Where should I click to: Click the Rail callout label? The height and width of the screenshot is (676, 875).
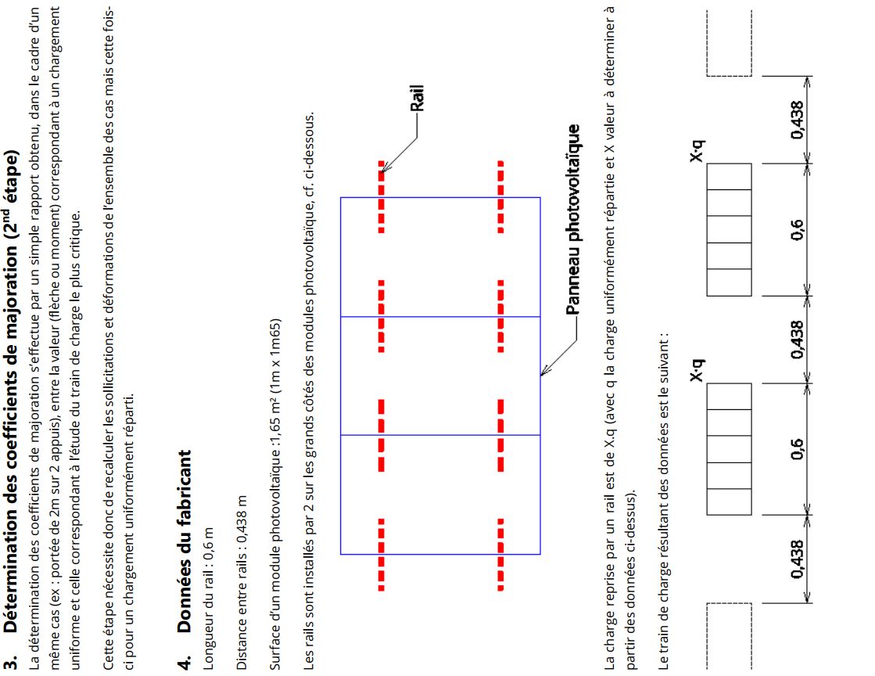point(417,99)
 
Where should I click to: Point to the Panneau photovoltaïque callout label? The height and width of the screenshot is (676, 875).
point(573,219)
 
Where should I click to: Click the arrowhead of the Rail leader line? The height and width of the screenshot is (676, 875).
point(384,168)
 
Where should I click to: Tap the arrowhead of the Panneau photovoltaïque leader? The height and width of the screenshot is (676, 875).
point(543,372)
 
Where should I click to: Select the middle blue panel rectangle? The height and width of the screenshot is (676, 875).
point(440,376)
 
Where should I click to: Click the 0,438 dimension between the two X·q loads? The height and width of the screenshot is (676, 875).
point(798,340)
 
